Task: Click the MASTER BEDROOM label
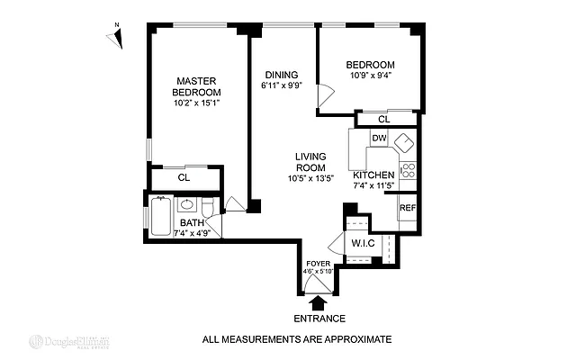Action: (x=198, y=86)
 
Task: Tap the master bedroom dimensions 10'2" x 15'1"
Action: (x=198, y=103)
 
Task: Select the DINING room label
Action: (x=282, y=75)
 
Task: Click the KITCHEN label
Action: (x=373, y=175)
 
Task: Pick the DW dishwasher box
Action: (x=379, y=139)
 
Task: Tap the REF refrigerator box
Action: (x=407, y=207)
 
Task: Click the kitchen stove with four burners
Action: (x=408, y=168)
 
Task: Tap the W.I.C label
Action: (x=363, y=243)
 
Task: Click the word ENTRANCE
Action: (x=319, y=319)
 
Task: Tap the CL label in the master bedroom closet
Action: (x=184, y=177)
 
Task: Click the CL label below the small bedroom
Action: (x=383, y=119)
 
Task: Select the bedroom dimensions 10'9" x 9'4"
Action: (x=370, y=76)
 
